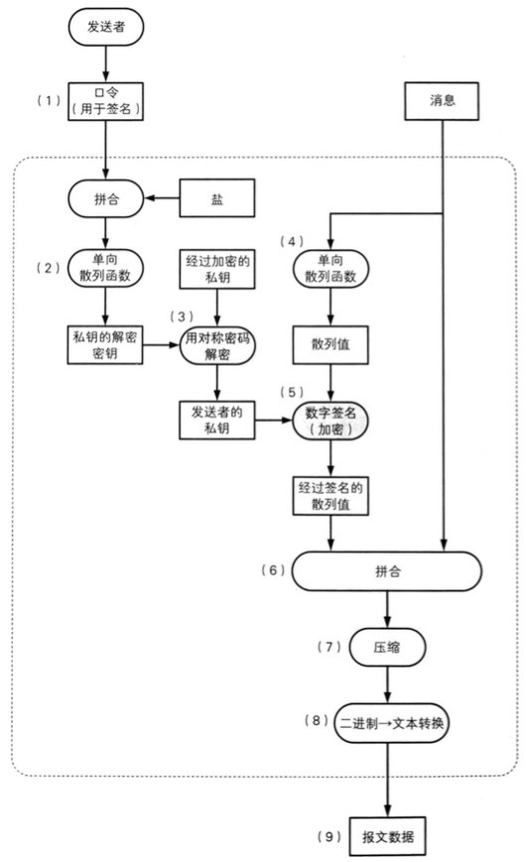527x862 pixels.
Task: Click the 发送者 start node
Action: point(106,27)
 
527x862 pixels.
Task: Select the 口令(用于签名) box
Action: point(106,100)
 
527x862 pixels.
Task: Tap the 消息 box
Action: point(443,100)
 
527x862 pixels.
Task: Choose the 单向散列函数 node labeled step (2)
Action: point(106,268)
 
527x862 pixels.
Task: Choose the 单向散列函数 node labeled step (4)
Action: point(330,268)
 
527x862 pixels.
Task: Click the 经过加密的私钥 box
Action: point(217,268)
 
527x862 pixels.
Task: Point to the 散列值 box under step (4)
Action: point(330,344)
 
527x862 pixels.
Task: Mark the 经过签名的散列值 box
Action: point(330,496)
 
